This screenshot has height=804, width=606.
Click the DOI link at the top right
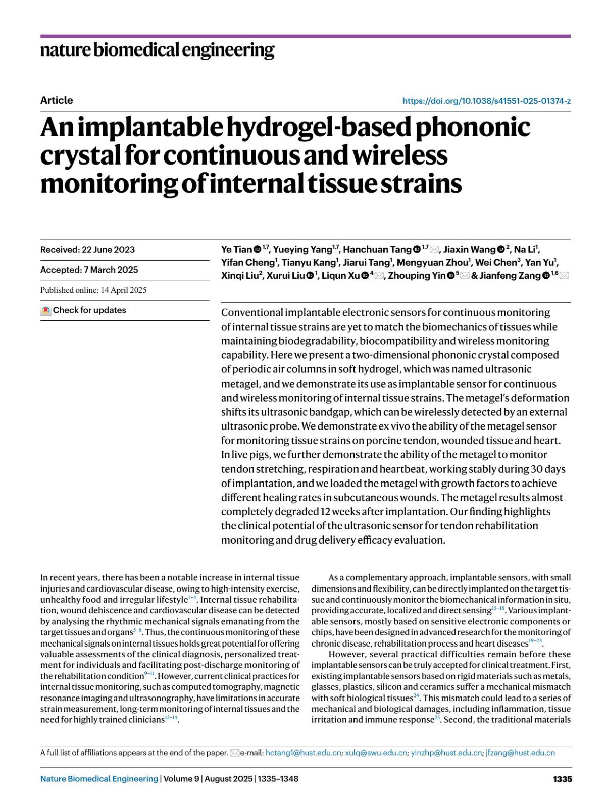click(x=486, y=101)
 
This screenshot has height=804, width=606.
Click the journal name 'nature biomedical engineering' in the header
click(x=157, y=50)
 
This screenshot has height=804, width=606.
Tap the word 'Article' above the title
click(x=57, y=100)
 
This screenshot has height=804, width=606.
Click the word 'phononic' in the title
click(x=472, y=127)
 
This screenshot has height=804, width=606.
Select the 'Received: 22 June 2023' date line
click(x=87, y=250)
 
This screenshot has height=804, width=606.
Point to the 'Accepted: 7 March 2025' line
click(x=89, y=270)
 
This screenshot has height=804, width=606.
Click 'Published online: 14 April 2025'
click(x=93, y=290)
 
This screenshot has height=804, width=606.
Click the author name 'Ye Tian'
click(x=236, y=250)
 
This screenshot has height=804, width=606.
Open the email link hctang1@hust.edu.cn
click(x=303, y=753)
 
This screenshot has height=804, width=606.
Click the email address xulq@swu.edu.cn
click(x=376, y=753)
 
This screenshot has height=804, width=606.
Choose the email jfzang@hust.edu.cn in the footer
click(x=520, y=753)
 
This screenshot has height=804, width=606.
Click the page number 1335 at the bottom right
click(x=562, y=779)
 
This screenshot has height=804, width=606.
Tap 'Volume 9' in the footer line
click(x=180, y=779)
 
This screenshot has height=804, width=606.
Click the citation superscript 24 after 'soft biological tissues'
click(x=417, y=696)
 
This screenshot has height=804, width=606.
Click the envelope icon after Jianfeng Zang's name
click(x=565, y=276)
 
